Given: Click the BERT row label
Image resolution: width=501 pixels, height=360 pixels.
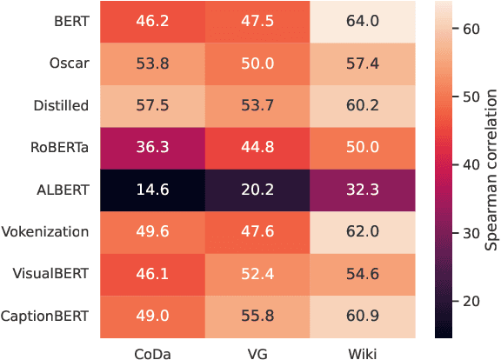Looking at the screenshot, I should click(x=72, y=22).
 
